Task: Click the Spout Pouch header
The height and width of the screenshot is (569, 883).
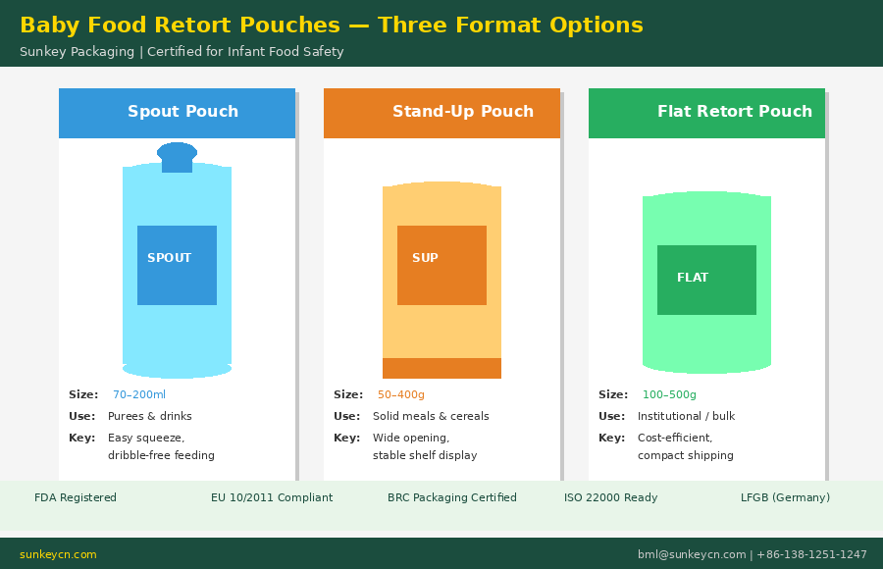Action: (182, 112)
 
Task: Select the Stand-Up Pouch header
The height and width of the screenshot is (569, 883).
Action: (462, 112)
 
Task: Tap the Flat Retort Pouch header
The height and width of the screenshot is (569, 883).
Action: (734, 112)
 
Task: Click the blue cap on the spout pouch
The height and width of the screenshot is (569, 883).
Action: (177, 156)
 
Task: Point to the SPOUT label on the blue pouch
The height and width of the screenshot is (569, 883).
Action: (170, 259)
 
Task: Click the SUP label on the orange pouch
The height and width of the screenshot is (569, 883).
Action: (425, 259)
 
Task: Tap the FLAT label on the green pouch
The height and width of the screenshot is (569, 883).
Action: (693, 279)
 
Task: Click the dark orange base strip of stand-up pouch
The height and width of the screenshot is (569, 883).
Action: (441, 368)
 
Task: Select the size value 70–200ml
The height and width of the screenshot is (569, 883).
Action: (139, 395)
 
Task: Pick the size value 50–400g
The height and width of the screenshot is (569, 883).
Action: (401, 395)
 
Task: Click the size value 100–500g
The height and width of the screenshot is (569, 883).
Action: (669, 395)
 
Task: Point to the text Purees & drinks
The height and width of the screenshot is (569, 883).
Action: (150, 417)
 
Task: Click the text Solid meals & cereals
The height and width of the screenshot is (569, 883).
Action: (431, 417)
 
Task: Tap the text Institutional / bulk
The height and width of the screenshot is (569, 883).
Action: (686, 417)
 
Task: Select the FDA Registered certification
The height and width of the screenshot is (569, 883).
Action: (76, 498)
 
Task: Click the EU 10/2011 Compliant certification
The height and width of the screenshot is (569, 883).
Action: (272, 498)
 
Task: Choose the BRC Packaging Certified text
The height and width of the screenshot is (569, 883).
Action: (451, 498)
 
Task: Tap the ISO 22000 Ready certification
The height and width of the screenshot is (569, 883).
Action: (610, 498)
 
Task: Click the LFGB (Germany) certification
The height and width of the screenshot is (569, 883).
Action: (785, 498)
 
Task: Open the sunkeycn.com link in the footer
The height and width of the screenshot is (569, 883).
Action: (58, 555)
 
